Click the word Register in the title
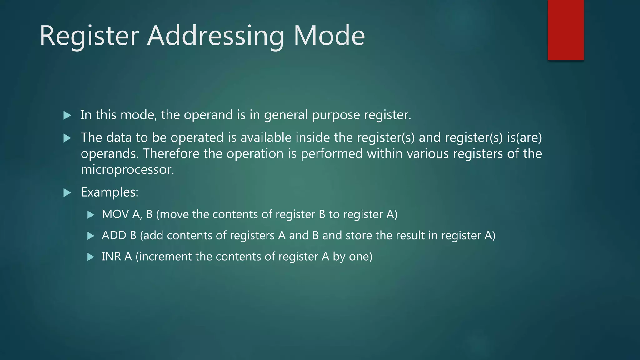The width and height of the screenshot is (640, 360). point(89,36)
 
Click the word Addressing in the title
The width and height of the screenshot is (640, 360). point(216,36)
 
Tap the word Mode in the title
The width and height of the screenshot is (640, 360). point(329,36)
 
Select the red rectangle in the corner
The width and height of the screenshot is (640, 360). point(566,30)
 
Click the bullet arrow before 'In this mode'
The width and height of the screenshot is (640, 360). point(67,115)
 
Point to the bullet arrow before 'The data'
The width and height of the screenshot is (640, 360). point(67,138)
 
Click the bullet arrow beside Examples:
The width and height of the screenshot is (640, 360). point(67,192)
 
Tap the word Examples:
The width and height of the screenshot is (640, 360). point(109,192)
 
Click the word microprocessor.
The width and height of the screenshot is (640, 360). point(127,170)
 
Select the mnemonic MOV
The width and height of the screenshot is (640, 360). point(115,214)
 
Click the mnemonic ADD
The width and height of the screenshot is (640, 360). point(114,236)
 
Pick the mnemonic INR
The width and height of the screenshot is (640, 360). point(111,257)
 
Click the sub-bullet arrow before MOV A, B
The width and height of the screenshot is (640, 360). point(91,215)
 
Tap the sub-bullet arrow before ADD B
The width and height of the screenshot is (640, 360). point(91,236)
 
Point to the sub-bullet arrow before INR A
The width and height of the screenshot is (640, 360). point(91,257)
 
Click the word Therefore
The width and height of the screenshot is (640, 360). point(171,154)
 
